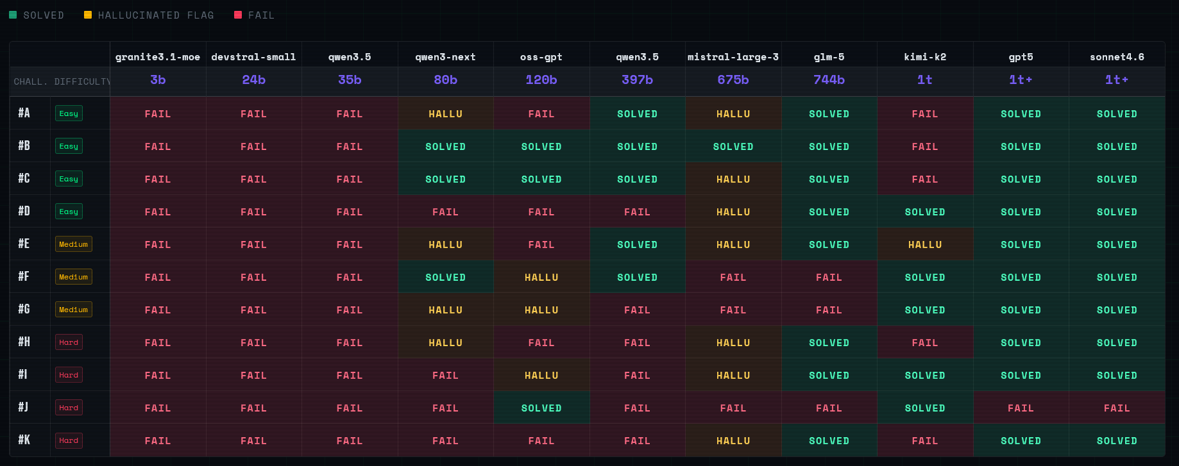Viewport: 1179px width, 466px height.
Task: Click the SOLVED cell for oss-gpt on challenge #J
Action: [x=541, y=408]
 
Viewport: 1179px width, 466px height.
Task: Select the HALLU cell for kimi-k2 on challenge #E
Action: [x=925, y=245]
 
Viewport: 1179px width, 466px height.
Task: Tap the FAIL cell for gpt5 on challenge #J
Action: [x=1021, y=408]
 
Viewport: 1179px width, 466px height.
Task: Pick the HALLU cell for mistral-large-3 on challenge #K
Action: [x=733, y=441]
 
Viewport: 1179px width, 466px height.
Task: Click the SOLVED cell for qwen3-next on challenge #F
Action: [x=445, y=278]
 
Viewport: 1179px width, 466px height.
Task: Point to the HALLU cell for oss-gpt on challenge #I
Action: [x=541, y=376]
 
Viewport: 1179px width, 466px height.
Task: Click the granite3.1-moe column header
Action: [x=158, y=57]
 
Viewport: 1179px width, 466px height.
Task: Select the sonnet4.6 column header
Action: [x=1117, y=57]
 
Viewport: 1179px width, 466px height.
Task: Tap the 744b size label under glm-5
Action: [x=829, y=80]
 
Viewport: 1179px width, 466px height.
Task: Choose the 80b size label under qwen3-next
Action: [x=445, y=80]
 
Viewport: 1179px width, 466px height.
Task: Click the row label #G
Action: [x=24, y=310]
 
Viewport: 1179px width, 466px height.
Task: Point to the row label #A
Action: [x=24, y=113]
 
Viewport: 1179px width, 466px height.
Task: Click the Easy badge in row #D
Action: [x=69, y=212]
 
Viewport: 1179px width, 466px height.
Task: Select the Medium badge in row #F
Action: [x=73, y=277]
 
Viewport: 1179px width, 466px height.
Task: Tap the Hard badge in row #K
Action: [x=69, y=440]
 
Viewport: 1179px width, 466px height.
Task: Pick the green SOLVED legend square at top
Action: [x=13, y=15]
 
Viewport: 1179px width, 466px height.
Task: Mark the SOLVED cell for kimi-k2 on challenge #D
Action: [x=925, y=212]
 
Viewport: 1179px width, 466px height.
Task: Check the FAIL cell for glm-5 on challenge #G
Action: [x=829, y=310]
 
